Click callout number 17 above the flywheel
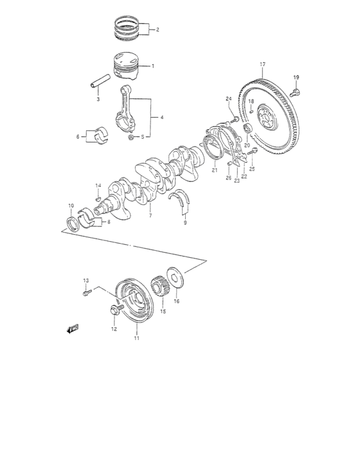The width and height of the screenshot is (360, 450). point(262,64)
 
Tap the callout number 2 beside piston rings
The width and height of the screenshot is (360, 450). point(157,30)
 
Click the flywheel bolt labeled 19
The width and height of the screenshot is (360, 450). point(296,91)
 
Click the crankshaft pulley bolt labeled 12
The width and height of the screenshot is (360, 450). point(115,311)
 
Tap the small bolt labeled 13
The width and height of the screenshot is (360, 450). point(87,293)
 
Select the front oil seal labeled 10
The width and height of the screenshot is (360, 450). point(73,222)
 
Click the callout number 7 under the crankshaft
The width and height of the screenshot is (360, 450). point(150,216)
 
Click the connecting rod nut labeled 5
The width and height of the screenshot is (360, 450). point(131,136)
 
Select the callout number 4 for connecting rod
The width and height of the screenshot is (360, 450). point(161,118)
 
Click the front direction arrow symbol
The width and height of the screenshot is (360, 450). point(71,328)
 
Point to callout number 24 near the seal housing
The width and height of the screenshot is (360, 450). point(228,98)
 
